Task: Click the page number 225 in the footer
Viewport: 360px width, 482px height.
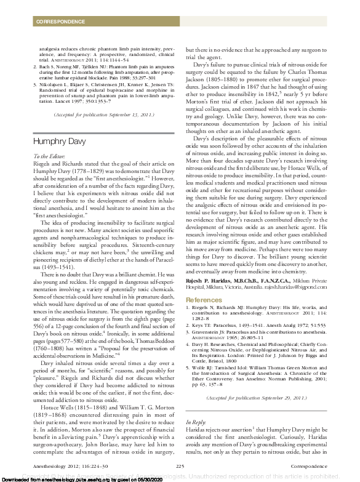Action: [x=180, y=466]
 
